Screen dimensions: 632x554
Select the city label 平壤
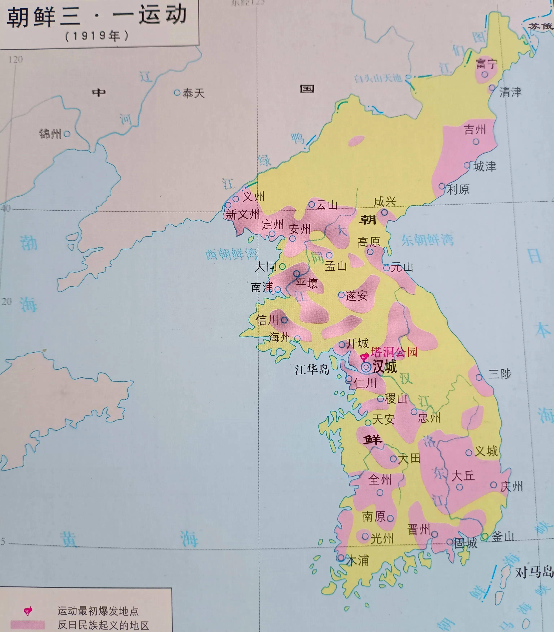(307, 283)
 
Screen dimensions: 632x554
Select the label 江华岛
(312, 370)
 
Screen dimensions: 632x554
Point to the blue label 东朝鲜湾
(427, 240)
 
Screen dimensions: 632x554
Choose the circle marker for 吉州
(476, 142)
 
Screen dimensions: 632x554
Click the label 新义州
(243, 214)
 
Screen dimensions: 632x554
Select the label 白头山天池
(378, 78)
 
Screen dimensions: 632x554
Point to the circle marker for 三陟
(479, 377)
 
